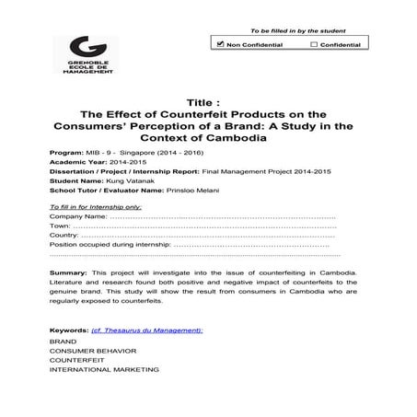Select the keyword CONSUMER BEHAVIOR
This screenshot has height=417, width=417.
click(x=87, y=351)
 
